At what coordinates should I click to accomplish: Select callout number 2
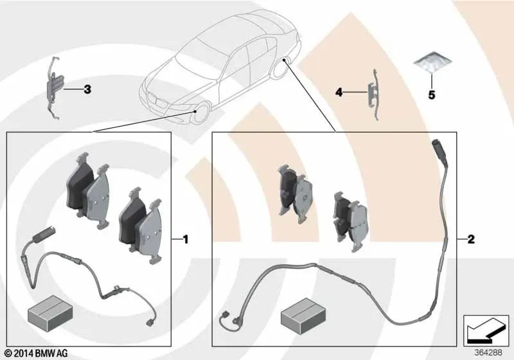tap(470, 240)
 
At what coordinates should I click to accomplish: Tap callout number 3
tap(87, 90)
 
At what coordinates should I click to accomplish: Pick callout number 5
tap(432, 95)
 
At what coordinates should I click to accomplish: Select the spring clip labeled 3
tap(55, 89)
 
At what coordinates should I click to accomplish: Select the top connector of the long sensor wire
tap(438, 150)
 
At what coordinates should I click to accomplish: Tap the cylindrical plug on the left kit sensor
tap(46, 235)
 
